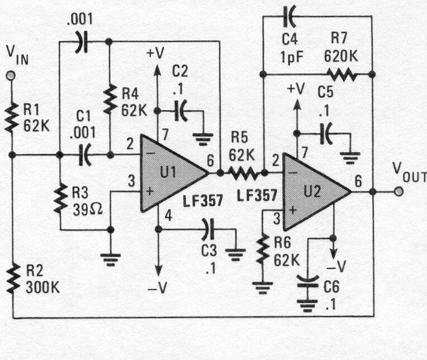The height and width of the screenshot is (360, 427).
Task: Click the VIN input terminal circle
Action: pyautogui.click(x=10, y=75)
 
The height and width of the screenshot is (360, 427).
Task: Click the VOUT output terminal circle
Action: pyautogui.click(x=398, y=191)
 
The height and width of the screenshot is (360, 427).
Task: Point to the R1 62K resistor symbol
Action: pyautogui.click(x=10, y=119)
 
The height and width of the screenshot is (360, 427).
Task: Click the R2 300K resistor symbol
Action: pyautogui.click(x=10, y=279)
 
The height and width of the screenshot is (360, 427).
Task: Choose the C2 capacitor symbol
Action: pyautogui.click(x=181, y=110)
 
